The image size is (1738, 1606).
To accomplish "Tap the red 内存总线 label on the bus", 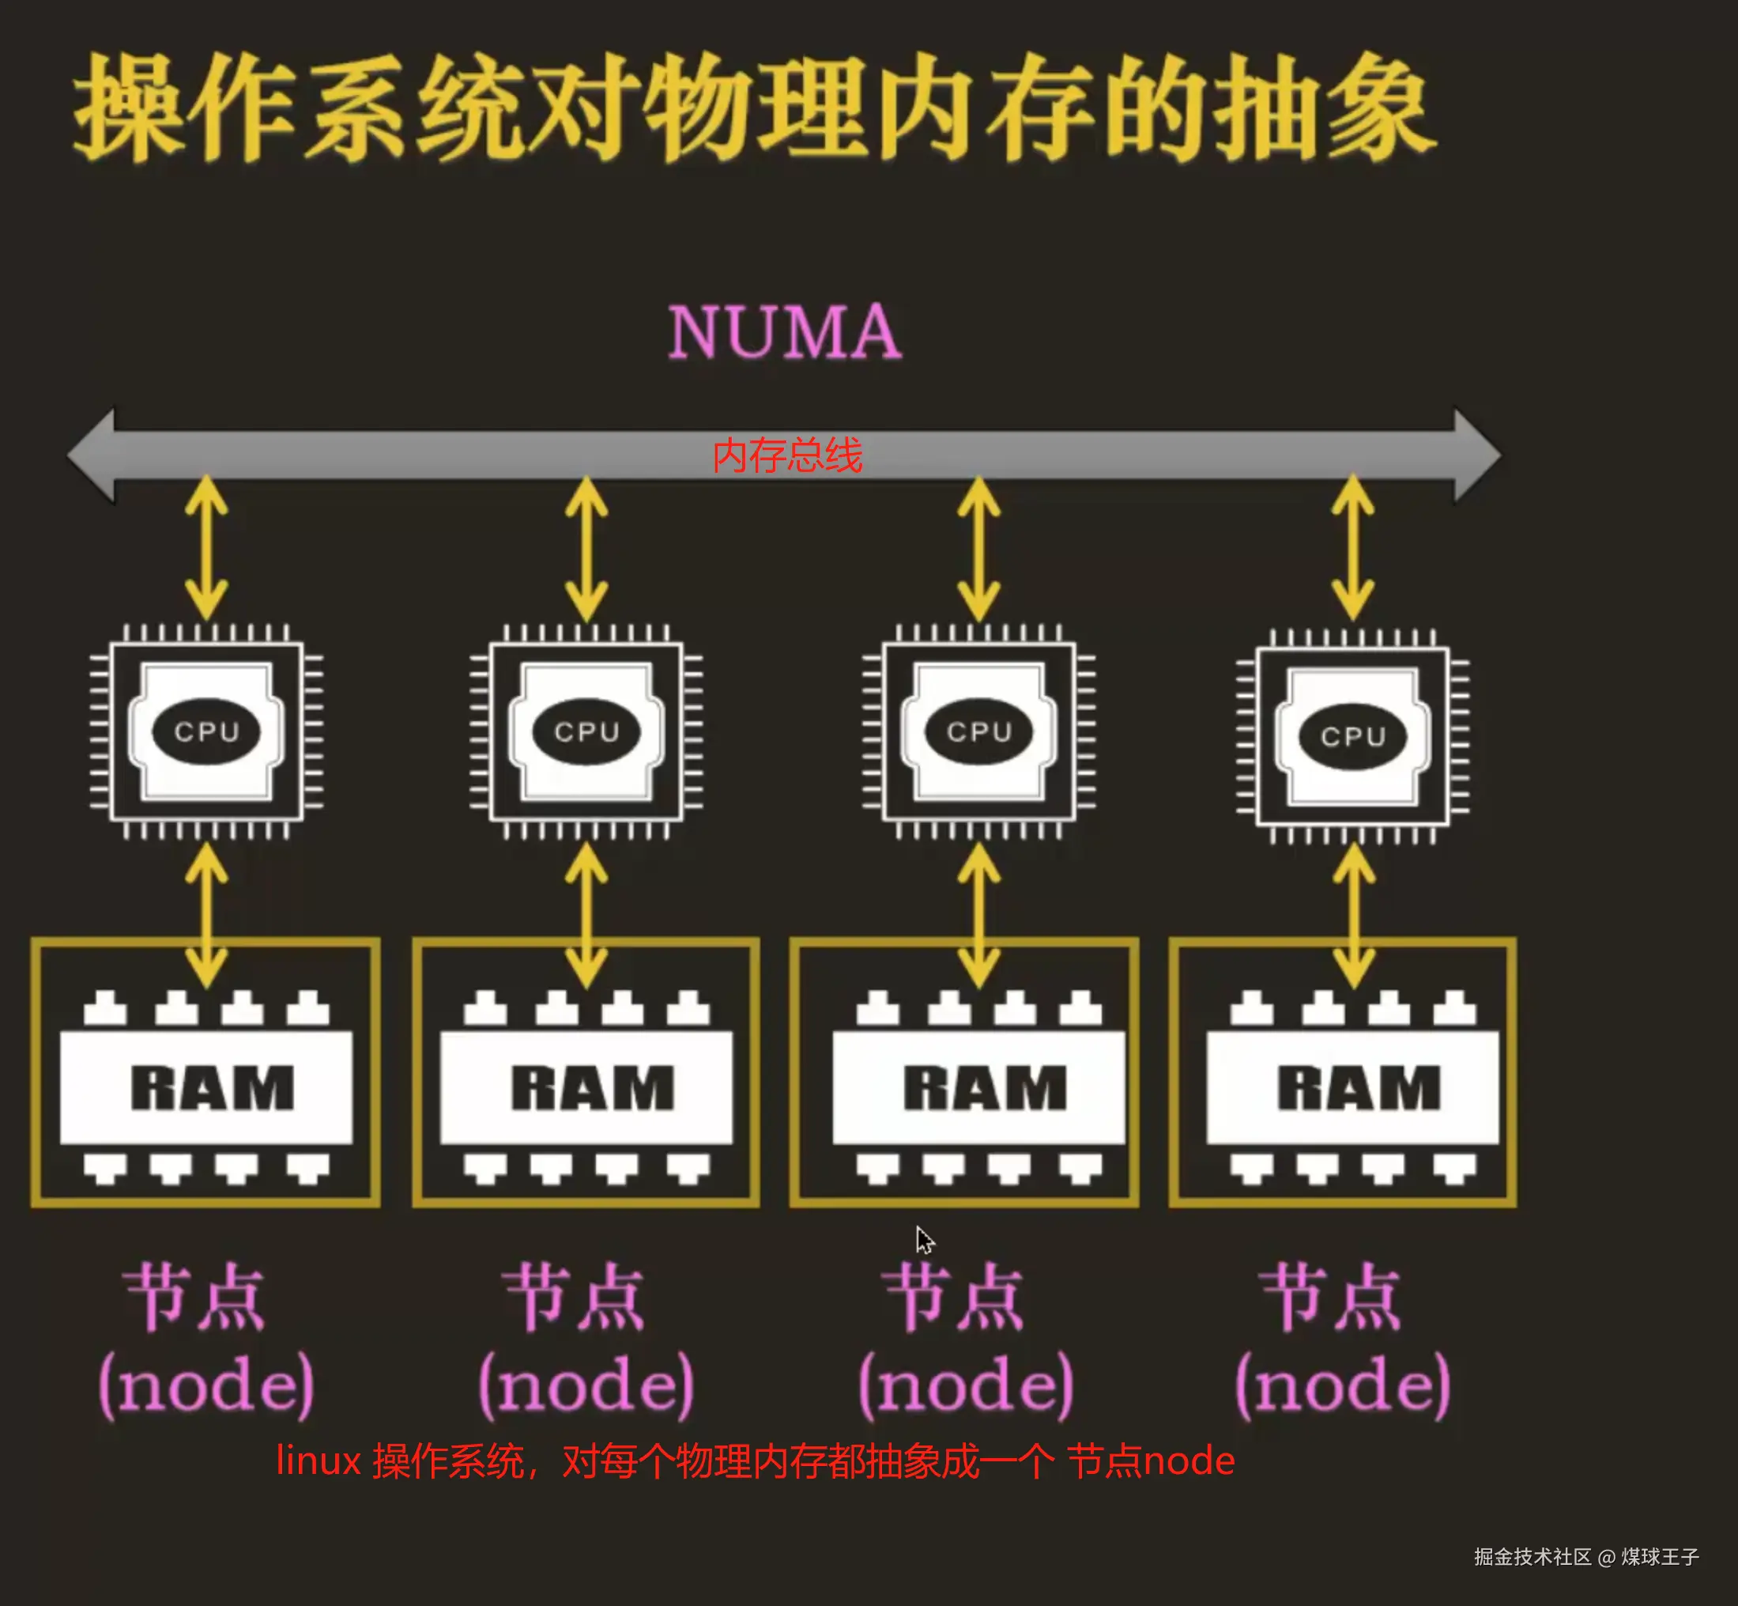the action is [x=787, y=455].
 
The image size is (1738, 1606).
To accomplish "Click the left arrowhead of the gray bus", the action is [x=91, y=455].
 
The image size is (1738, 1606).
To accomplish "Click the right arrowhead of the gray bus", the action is [x=1477, y=455].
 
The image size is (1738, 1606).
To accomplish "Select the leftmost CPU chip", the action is [x=207, y=731].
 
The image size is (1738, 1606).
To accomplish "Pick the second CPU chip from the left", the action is [x=586, y=731].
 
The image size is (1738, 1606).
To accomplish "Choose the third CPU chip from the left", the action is [x=979, y=731].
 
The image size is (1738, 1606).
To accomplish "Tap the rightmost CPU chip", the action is [x=1353, y=736].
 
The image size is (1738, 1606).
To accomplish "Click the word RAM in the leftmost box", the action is [x=213, y=1088].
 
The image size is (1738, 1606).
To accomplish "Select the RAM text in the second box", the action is [x=592, y=1088].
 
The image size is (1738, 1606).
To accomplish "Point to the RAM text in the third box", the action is [x=985, y=1088].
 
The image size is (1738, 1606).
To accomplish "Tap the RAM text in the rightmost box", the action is [x=1359, y=1088].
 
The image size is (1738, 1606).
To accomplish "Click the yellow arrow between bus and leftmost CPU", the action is [x=207, y=547].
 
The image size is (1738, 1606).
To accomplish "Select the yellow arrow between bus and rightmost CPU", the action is [x=1353, y=547].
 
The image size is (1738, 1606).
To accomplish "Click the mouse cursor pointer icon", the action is [x=924, y=1240].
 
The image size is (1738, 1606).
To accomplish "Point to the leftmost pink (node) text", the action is [x=207, y=1385].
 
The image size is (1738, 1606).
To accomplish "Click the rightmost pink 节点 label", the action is [x=1331, y=1298].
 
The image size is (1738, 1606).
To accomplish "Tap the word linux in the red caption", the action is [x=318, y=1461].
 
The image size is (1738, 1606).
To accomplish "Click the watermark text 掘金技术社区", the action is [x=1533, y=1556].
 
